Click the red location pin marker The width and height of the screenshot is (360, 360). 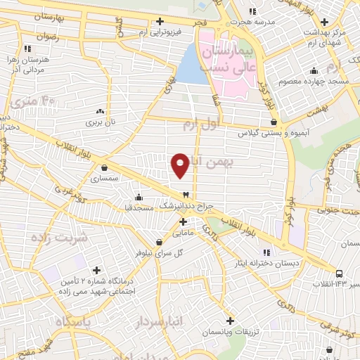(x=180, y=165)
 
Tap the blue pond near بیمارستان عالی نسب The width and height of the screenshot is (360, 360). (x=188, y=65)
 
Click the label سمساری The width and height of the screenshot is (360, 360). (x=105, y=179)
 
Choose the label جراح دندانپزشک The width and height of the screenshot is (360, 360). (x=185, y=206)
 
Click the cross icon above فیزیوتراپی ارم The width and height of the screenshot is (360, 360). (x=161, y=21)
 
